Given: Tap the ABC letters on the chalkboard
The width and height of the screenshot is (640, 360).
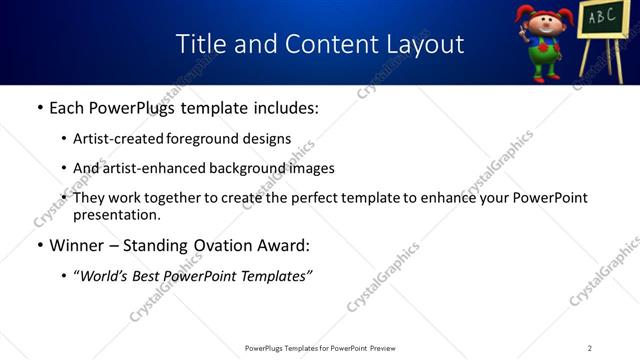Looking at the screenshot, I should pyautogui.click(x=601, y=17).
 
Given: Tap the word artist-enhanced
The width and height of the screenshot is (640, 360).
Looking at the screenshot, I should pyautogui.click(x=152, y=168).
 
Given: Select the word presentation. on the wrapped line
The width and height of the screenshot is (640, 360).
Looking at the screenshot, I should pyautogui.click(x=116, y=214).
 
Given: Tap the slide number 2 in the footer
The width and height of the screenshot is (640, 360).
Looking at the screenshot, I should pyautogui.click(x=590, y=347).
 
